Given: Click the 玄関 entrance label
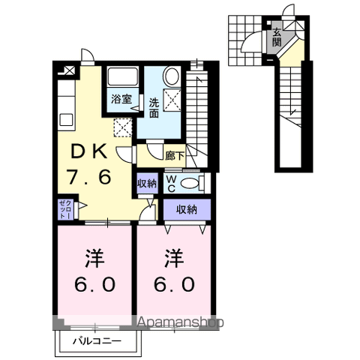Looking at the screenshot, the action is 277,37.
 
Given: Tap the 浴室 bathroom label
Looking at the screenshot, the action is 121,100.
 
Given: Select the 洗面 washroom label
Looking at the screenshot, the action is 154,108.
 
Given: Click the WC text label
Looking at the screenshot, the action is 171,184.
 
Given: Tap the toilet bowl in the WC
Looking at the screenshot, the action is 189,184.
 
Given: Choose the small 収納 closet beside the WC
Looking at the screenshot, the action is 148,184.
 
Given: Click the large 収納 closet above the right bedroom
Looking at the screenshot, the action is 187,209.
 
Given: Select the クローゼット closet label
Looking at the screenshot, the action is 65,209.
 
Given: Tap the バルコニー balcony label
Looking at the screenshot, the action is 97,341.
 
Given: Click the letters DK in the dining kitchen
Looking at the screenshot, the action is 89,152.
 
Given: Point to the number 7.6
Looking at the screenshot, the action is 88,177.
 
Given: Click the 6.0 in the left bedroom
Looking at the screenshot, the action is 95,284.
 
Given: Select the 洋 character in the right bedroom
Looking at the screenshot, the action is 174,258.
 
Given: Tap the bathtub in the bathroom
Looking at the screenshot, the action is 123,76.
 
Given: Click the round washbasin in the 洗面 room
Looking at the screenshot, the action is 172,76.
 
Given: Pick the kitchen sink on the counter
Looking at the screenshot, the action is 67,119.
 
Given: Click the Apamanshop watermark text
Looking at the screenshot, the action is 181,322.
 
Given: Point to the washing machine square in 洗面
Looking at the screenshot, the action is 172,100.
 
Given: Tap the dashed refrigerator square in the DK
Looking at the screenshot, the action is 123,127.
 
